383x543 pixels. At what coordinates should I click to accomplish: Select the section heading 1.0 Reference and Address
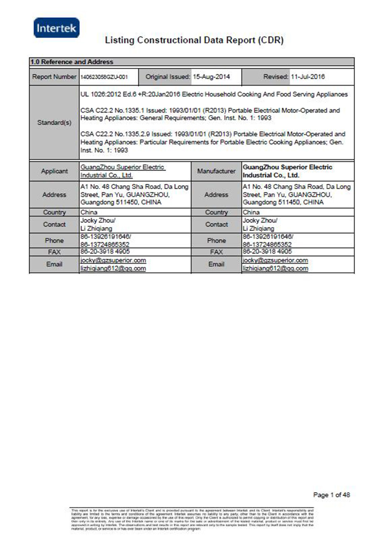72,62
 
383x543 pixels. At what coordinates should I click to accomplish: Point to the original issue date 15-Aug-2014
211,77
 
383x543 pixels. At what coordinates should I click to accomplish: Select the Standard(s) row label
54,123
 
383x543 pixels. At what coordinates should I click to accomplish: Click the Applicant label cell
54,171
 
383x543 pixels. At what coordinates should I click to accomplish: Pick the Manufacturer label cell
216,171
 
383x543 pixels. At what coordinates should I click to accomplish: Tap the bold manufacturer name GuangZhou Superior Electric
288,167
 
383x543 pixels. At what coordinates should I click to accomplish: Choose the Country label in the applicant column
54,212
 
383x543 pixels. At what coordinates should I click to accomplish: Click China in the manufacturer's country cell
251,212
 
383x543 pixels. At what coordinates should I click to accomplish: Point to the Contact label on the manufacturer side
216,224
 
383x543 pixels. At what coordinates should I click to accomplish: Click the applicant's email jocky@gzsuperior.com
113,260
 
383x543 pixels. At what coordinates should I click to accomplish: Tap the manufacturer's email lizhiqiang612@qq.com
276,268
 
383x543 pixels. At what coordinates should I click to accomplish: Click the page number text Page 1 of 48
331,495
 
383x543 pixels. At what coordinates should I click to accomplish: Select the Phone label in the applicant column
54,240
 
